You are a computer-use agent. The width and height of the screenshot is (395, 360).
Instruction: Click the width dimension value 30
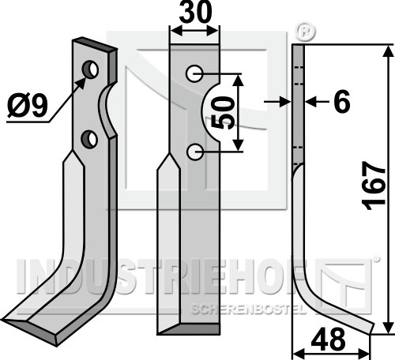point(195,12)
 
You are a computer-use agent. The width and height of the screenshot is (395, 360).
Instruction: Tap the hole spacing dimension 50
point(223,113)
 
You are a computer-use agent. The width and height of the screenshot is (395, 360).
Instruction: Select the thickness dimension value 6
point(342,101)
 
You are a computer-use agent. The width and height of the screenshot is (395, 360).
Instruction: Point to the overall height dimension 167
point(374,186)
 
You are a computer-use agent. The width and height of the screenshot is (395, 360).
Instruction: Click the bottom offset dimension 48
point(328,339)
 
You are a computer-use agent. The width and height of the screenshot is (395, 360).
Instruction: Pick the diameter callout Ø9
point(28,106)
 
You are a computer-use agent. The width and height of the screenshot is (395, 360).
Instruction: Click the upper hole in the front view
point(194,73)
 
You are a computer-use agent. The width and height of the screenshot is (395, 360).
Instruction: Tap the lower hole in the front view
point(195,152)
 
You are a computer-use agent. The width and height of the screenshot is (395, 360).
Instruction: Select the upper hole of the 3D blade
point(90,69)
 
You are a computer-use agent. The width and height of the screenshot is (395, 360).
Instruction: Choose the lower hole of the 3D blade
point(89,138)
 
